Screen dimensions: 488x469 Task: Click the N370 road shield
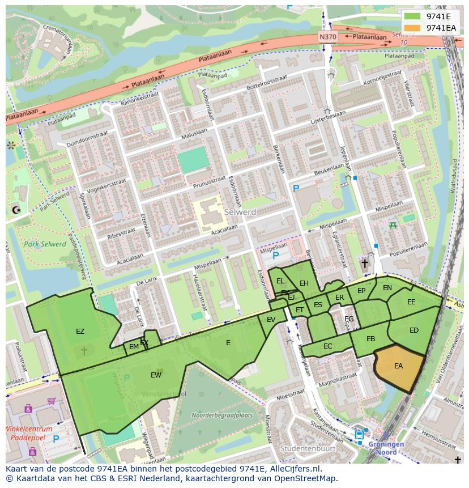(x=327, y=37)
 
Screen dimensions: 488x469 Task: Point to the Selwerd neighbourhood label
(x=240, y=212)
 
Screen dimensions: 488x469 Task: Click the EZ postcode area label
(x=80, y=332)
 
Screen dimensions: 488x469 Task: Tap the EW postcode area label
(x=156, y=375)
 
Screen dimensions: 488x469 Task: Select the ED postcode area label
(x=414, y=330)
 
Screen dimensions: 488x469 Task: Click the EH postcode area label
(x=304, y=283)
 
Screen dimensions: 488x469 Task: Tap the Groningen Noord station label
(x=386, y=448)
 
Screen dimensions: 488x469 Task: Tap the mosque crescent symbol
(x=15, y=210)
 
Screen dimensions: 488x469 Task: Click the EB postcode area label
(x=370, y=339)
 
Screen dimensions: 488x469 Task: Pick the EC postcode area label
(x=327, y=346)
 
